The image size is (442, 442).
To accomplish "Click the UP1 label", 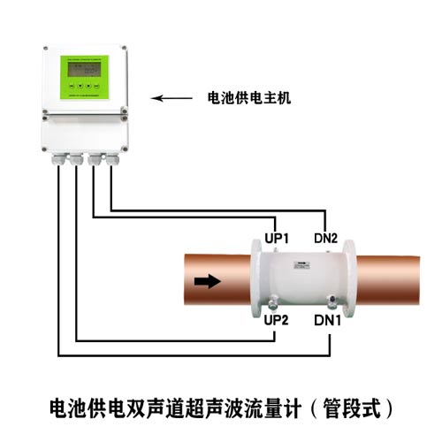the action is coord(277,239).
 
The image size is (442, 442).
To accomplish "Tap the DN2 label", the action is coord(325,238).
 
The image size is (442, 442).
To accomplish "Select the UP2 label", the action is coord(276,320).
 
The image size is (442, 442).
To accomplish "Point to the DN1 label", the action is coord(327,320).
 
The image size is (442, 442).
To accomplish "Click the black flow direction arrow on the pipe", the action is coord(208,281).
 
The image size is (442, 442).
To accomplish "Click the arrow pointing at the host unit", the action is coord(171,98).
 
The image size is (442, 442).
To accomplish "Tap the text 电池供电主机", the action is coord(249,98).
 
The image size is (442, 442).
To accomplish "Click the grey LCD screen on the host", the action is coord(84,69).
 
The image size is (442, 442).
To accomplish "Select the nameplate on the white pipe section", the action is coord(301,265).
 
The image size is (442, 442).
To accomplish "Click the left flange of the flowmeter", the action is coord(255,278).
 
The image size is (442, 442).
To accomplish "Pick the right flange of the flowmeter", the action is coord(350,278).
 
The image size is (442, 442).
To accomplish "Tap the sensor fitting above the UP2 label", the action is coord(273,303).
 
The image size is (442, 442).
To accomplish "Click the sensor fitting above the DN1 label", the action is coord(332,302).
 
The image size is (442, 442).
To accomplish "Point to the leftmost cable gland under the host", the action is coord(59,159).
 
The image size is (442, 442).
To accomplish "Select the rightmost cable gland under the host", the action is coord(112,159).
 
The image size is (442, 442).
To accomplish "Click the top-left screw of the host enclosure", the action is coord(45,49).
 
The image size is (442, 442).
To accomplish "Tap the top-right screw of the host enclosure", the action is coord(124,48).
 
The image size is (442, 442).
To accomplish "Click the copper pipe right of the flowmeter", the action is coord(388,280).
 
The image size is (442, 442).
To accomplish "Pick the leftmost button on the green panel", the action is coord(72,86).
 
